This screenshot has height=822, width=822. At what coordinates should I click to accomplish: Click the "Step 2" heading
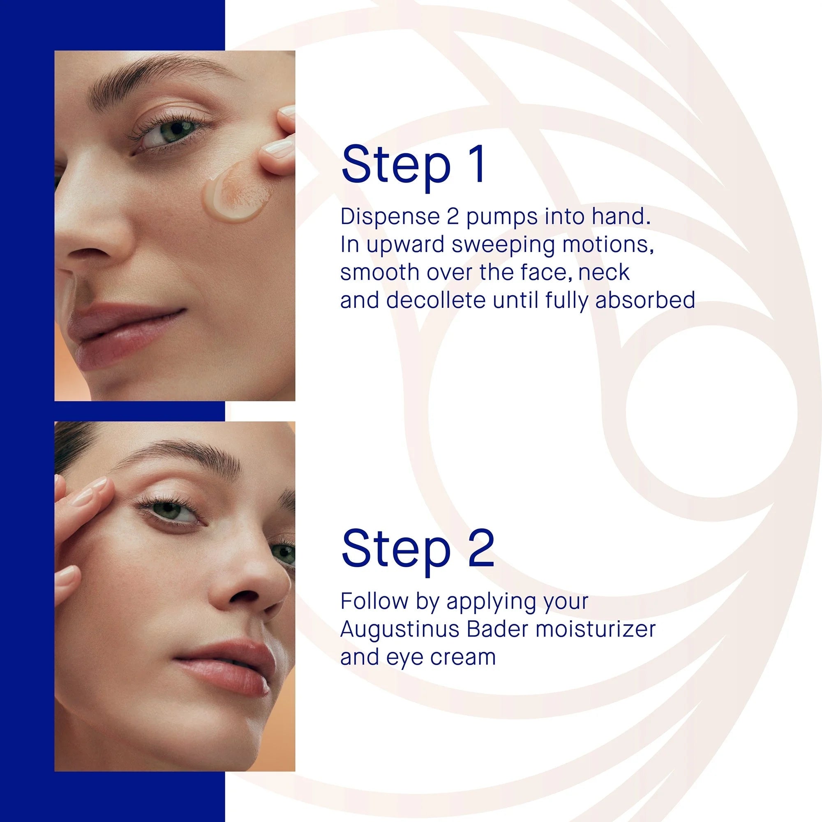(418, 548)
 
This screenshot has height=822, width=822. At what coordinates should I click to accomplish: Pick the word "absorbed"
(645, 300)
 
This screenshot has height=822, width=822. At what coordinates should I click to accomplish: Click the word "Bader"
(497, 629)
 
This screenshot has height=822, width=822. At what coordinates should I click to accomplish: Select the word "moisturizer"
(596, 629)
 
